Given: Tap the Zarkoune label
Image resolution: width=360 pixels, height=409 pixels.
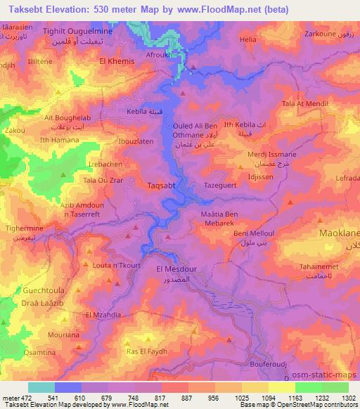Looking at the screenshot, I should click(317, 33).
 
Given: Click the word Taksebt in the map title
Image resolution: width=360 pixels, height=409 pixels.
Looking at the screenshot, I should click(22, 7).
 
